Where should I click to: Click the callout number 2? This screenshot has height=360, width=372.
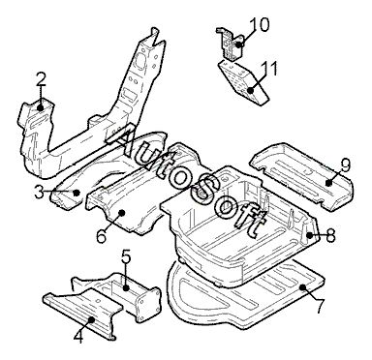[x=41, y=79]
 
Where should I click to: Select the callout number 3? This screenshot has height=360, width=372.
[x=40, y=193]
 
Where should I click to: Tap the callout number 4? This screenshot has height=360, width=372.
[x=79, y=337]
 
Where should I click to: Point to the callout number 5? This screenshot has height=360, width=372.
[x=126, y=257]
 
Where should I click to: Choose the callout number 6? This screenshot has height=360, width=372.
[x=101, y=236]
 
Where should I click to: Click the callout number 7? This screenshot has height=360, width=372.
[x=319, y=306]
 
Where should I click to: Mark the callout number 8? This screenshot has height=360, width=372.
[x=330, y=235]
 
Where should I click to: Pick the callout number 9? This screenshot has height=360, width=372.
[x=345, y=165]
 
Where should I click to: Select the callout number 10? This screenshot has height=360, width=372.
[x=259, y=25]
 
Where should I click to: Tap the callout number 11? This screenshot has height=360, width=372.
[x=269, y=69]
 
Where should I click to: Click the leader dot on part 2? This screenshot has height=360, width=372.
[x=40, y=107]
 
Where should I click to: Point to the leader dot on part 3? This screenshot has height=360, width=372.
[x=77, y=193]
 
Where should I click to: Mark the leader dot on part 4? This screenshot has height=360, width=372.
[x=92, y=319]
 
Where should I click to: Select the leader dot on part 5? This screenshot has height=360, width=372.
[x=126, y=288]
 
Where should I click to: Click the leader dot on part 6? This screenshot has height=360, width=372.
[x=122, y=212]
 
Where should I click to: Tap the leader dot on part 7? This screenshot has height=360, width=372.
[x=302, y=286]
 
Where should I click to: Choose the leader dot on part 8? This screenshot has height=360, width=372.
[x=310, y=235]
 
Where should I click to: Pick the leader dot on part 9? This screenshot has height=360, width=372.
[x=328, y=183]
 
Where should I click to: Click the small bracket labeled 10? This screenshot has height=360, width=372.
[x=231, y=44]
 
